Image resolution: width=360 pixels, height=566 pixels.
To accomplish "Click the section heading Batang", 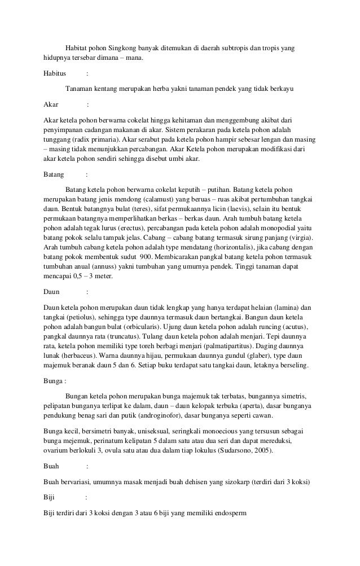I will click(x=54, y=174).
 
